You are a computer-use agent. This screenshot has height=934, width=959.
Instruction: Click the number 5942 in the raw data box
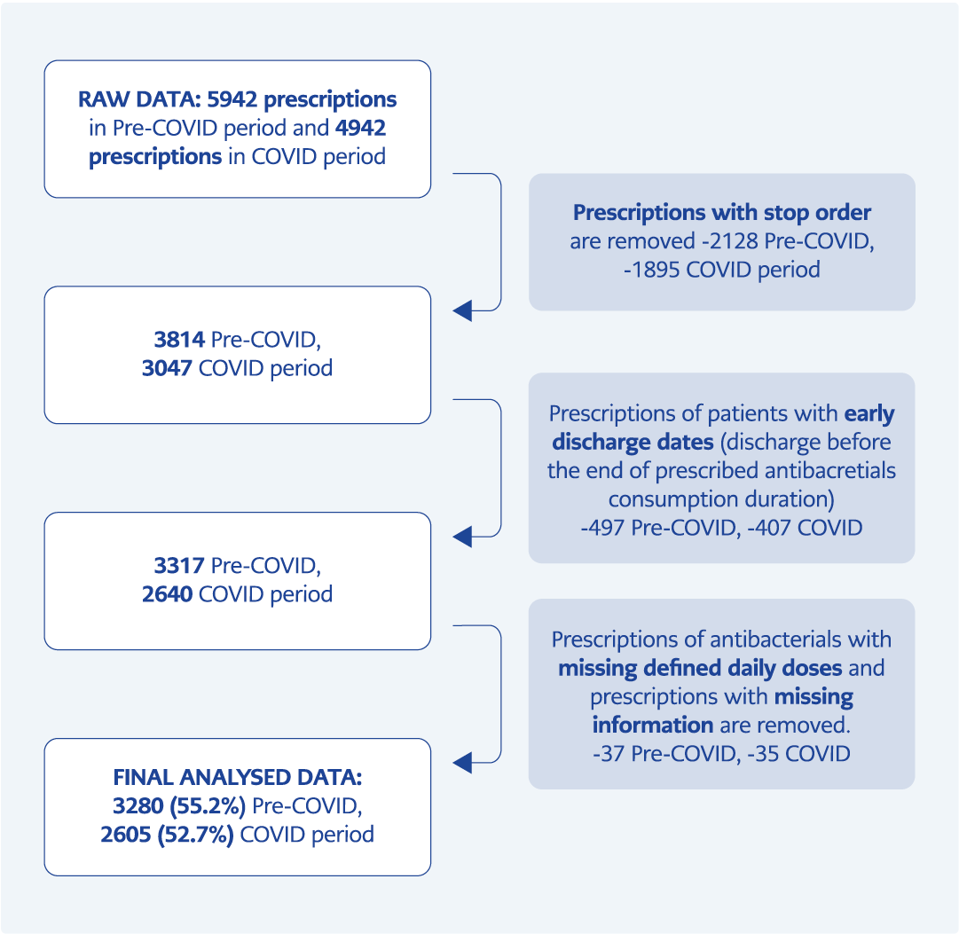232,99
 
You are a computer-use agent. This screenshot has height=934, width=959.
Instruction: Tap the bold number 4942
361,128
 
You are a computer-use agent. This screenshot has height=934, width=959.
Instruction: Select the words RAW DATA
138,99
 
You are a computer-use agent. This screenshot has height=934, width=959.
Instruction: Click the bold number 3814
179,340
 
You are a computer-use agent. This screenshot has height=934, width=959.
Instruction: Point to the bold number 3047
168,368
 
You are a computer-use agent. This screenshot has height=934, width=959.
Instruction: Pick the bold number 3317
179,566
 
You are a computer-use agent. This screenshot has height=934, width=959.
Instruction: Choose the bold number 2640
168,594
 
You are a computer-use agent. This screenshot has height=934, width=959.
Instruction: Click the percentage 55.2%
208,806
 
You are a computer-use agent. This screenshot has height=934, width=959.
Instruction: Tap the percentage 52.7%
196,835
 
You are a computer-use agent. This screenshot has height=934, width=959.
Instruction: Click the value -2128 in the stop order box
729,241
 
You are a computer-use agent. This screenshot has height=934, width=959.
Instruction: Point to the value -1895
652,270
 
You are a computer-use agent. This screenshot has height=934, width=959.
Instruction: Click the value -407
769,528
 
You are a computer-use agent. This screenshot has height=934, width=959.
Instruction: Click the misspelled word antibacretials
830,471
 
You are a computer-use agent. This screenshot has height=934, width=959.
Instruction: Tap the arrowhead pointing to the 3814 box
462,310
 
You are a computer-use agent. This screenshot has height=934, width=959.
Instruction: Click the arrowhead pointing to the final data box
462,763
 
